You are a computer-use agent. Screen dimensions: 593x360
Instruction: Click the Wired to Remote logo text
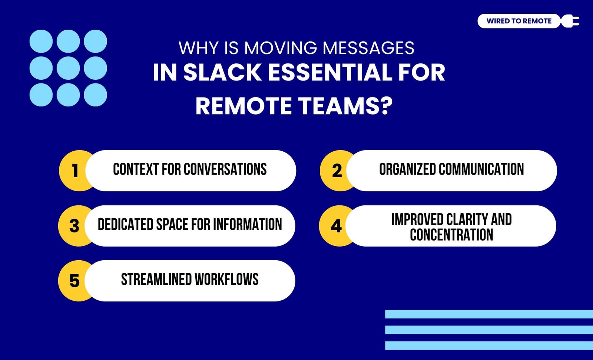[519, 21]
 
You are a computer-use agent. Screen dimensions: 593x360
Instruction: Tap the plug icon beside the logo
[570, 21]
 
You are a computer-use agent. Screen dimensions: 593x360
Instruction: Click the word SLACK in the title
[223, 72]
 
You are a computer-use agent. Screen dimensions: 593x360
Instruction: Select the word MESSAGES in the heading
[368, 48]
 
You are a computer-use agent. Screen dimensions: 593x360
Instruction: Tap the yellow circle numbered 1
[76, 171]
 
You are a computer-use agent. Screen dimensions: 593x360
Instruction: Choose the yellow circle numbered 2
[337, 171]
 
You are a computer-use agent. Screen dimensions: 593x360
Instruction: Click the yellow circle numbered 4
[336, 226]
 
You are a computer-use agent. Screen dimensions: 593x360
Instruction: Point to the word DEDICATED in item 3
[126, 224]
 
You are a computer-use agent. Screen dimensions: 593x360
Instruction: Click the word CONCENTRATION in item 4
[451, 234]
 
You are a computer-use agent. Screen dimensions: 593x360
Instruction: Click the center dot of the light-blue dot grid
[68, 68]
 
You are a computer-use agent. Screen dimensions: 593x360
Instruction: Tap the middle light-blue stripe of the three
[489, 330]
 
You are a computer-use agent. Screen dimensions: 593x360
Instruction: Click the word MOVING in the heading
[280, 48]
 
